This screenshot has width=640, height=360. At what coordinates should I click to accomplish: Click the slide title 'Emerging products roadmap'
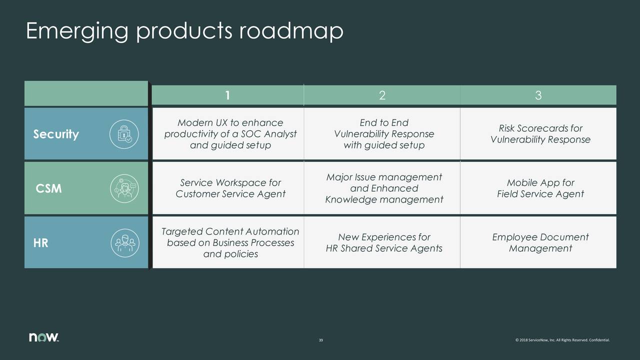click(184, 32)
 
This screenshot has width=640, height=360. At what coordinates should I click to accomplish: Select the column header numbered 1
click(227, 95)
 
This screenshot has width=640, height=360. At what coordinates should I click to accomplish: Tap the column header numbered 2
click(382, 95)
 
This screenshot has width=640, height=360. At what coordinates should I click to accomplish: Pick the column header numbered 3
click(538, 95)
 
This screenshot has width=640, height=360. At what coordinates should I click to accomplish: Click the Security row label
click(56, 134)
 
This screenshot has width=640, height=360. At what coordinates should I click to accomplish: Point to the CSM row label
click(49, 189)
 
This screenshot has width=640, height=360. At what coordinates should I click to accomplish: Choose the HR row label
click(41, 243)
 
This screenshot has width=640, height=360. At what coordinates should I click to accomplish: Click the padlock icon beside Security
click(124, 134)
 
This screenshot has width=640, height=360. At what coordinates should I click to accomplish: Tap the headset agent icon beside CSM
click(124, 189)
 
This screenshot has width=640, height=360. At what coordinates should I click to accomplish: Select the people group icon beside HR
click(124, 243)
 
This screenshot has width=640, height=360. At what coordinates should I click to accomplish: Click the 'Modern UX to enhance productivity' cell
click(230, 134)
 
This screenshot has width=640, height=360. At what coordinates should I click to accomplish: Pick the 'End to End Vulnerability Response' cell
click(383, 134)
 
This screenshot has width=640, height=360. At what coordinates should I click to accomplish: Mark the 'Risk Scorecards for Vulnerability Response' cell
click(540, 134)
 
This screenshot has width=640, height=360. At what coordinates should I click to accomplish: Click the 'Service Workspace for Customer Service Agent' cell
click(230, 188)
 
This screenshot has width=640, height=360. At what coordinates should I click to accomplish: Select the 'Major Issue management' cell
click(383, 188)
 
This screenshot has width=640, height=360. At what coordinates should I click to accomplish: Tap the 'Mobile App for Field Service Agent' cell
click(540, 188)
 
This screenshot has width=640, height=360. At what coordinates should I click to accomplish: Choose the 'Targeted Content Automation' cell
click(230, 243)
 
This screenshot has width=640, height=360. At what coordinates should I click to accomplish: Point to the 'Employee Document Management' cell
click(540, 243)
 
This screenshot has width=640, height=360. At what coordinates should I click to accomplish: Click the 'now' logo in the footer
click(44, 337)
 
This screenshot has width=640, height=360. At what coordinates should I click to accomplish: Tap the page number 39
click(320, 340)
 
